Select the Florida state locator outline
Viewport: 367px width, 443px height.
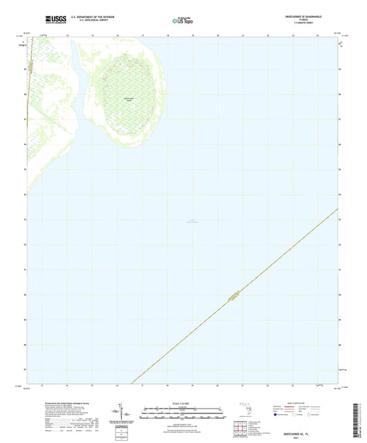242,411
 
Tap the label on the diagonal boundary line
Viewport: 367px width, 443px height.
234,296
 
